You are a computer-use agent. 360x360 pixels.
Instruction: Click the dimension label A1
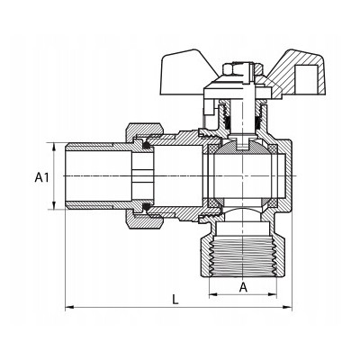point(41,177)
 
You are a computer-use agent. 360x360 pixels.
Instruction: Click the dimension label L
point(175,300)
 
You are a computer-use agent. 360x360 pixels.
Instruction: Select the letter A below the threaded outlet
point(243,287)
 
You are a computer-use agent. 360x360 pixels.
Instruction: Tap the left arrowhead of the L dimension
point(69,307)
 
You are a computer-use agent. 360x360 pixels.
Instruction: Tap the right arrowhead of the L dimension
point(288,307)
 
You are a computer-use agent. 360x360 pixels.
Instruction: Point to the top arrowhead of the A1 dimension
point(54,147)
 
